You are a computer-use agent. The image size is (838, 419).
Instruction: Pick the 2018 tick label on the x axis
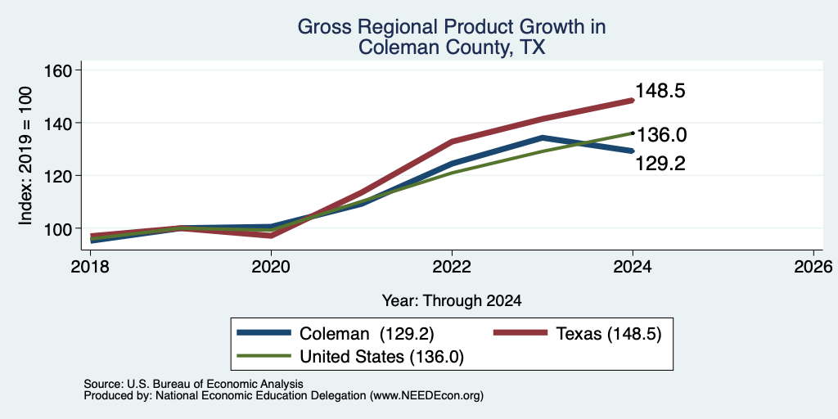[90, 266]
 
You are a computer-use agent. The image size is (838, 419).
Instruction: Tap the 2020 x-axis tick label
[271, 266]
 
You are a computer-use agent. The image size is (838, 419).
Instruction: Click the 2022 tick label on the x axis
[452, 266]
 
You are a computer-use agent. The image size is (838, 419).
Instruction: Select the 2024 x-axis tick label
[633, 266]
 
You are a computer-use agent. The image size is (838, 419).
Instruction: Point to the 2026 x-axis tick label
[814, 266]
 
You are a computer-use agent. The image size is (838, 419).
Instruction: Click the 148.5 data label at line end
[660, 91]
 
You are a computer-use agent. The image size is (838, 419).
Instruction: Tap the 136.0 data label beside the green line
[661, 135]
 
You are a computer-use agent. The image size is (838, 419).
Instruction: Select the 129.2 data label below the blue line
[660, 164]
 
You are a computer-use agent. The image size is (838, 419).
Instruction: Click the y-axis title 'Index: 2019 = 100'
[25, 156]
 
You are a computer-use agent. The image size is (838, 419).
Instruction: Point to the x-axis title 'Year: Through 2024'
[452, 301]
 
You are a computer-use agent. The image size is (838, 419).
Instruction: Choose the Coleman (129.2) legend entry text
[367, 334]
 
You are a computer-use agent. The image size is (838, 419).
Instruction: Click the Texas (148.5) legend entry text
[609, 334]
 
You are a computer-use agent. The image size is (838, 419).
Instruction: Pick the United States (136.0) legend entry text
[381, 357]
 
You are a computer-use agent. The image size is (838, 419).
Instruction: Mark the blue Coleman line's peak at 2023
[543, 137]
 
